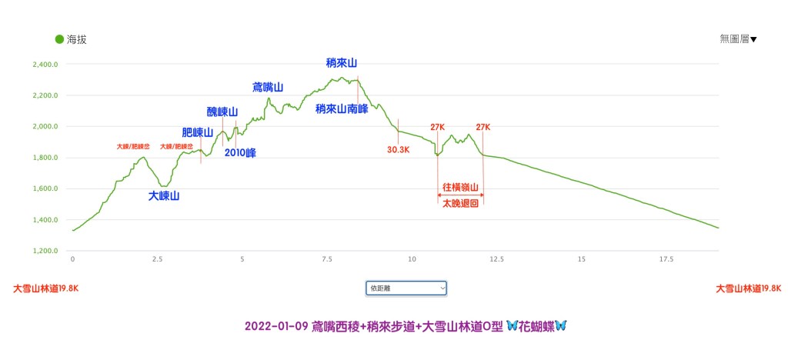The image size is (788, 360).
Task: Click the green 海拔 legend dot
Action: click(x=58, y=39)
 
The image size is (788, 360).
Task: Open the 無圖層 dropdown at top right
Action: click(x=738, y=39)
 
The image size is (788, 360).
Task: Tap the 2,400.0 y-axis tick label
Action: click(x=45, y=65)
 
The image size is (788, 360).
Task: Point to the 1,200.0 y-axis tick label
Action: click(x=45, y=251)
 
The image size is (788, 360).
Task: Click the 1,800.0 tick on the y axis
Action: click(x=45, y=158)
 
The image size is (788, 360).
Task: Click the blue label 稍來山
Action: click(x=342, y=63)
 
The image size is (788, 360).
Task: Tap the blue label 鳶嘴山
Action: click(x=269, y=87)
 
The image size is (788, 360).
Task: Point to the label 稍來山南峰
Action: click(x=341, y=109)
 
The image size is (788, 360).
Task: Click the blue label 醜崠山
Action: click(x=222, y=112)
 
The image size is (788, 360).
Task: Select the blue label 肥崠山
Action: click(x=197, y=132)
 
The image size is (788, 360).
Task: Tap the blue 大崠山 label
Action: click(x=164, y=196)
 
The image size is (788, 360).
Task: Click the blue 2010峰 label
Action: click(x=240, y=152)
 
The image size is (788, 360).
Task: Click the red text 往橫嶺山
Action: click(x=461, y=187)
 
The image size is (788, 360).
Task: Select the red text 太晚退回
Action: click(x=461, y=203)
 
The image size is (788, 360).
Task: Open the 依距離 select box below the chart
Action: click(x=406, y=288)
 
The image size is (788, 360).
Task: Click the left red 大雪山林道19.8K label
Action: click(x=46, y=288)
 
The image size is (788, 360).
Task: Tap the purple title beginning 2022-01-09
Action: click(x=406, y=325)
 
